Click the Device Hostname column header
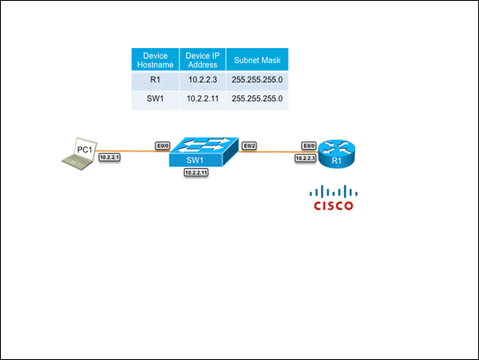click(x=156, y=60)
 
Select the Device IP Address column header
click(x=203, y=60)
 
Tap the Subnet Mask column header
click(x=257, y=60)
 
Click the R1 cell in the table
click(x=156, y=80)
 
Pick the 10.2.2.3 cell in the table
click(x=203, y=80)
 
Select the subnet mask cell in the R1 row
click(x=257, y=80)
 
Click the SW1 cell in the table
click(x=156, y=99)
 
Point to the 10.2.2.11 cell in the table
click(x=203, y=99)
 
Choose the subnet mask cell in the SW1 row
click(x=257, y=99)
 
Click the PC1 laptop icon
click(x=80, y=154)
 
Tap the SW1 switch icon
click(x=204, y=152)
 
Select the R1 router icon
click(x=337, y=154)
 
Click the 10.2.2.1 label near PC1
click(x=109, y=157)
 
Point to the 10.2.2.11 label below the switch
click(x=196, y=173)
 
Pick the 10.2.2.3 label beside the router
click(x=305, y=158)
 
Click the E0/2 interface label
click(x=249, y=146)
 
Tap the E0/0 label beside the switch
click(x=163, y=146)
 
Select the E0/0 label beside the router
click(x=309, y=146)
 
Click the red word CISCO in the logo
click(x=333, y=206)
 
